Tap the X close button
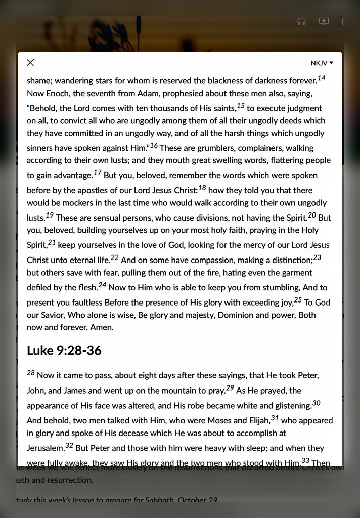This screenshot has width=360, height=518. pyautogui.click(x=30, y=63)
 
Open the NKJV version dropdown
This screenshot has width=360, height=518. pyautogui.click(x=322, y=63)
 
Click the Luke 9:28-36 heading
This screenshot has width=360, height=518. pyautogui.click(x=64, y=350)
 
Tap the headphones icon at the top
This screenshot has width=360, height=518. pyautogui.click(x=302, y=21)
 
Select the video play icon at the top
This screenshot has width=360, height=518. pyautogui.click(x=324, y=21)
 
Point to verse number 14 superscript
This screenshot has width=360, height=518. pyautogui.click(x=321, y=78)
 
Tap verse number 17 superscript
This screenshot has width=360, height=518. pyautogui.click(x=98, y=172)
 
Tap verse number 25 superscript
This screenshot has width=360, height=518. pyautogui.click(x=298, y=300)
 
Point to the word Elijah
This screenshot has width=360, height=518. pyautogui.click(x=255, y=420)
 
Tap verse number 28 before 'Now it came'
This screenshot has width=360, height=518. pyautogui.click(x=31, y=373)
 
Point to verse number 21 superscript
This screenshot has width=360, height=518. pyautogui.click(x=52, y=242)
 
